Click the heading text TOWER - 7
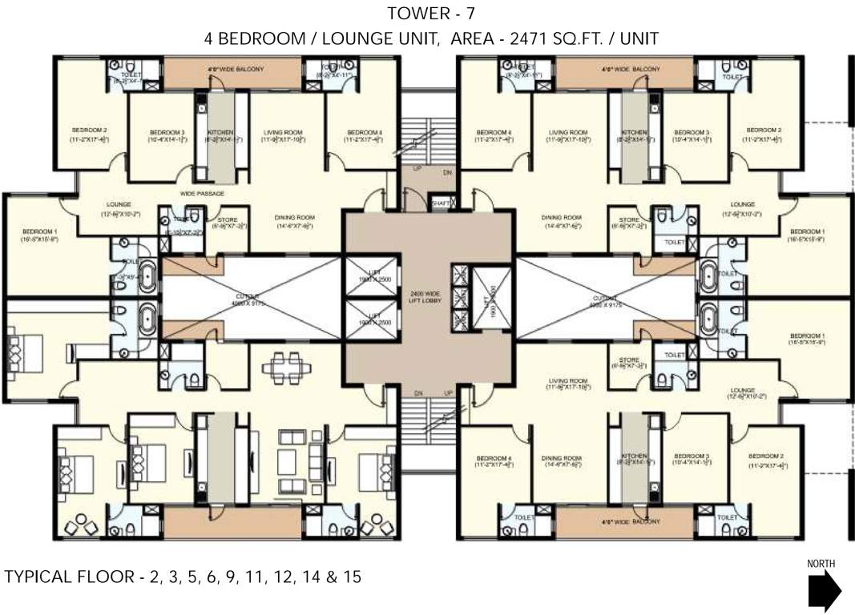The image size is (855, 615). [x=428, y=14]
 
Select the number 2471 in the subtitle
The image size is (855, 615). [x=529, y=37]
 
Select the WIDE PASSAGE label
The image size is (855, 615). [x=202, y=194]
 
